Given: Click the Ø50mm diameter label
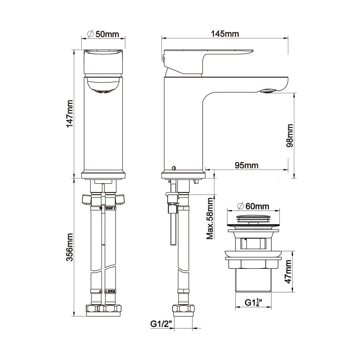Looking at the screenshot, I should [x=103, y=34].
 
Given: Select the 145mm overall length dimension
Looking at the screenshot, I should [x=225, y=34].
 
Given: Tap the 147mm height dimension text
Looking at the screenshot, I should [x=70, y=114].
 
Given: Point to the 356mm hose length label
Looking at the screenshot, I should [x=70, y=247].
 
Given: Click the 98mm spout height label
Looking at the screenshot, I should [x=290, y=135].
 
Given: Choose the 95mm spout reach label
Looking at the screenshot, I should [x=246, y=165].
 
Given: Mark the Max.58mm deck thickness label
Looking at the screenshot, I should [x=210, y=218].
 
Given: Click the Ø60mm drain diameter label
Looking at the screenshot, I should [x=253, y=206].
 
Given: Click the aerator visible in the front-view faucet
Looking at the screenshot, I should [x=103, y=91].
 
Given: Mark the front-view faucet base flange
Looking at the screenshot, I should [x=103, y=175].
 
